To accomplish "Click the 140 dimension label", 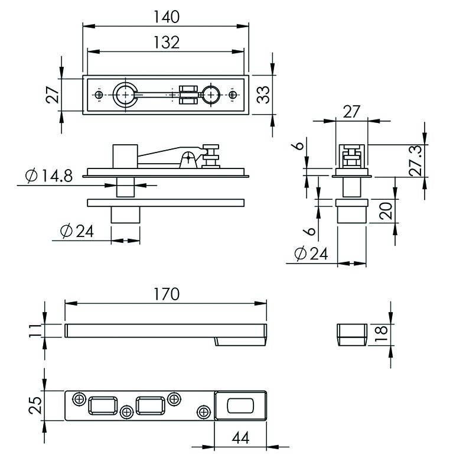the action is [x=167, y=17].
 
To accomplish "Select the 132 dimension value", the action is [x=167, y=43].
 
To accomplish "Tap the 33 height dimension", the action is [x=263, y=95].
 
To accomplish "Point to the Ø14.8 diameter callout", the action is [x=49, y=176].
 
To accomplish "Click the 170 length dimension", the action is [x=167, y=294].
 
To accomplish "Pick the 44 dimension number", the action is [x=240, y=438].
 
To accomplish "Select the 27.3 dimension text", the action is [x=416, y=161].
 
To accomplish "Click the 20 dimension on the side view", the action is [x=386, y=211].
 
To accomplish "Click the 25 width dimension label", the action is [x=35, y=405].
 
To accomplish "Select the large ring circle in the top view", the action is [x=125, y=95].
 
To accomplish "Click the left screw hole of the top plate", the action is [x=99, y=95].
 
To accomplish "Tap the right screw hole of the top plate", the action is [x=233, y=95].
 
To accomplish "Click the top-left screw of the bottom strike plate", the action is [x=79, y=400].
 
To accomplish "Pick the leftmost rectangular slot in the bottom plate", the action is [x=103, y=405].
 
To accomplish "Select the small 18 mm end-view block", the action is [x=352, y=335].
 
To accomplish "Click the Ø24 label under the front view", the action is [x=77, y=230].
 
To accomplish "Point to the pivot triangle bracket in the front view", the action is [x=188, y=160].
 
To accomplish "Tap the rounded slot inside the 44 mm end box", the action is [x=240, y=405].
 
